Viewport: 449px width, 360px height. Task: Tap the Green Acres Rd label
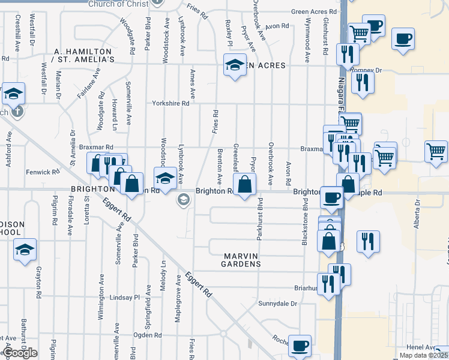(x=313, y=11)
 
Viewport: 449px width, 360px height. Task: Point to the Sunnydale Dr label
(x=277, y=304)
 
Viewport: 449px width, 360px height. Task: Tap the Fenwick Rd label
(x=43, y=172)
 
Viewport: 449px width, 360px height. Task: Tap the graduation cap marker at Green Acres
(x=235, y=65)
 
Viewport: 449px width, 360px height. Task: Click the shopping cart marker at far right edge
(x=436, y=151)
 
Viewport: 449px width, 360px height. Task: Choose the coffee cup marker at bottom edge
(x=300, y=346)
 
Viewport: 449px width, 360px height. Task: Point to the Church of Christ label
(x=118, y=4)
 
